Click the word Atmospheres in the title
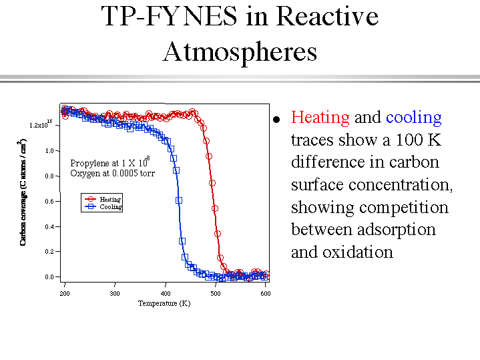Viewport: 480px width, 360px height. click(x=240, y=51)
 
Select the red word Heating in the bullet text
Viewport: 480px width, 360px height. click(x=320, y=118)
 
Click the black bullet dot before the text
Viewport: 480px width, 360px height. click(x=276, y=120)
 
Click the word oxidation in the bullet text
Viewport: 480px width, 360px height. click(x=360, y=252)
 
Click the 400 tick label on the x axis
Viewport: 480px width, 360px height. click(x=166, y=293)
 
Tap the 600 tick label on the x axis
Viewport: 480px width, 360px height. click(x=266, y=293)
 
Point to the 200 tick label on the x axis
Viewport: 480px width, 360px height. click(x=65, y=293)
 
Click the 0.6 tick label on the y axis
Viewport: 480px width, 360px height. click(x=49, y=201)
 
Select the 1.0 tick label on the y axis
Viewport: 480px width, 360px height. click(x=49, y=151)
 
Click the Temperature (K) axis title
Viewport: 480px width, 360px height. click(x=164, y=303)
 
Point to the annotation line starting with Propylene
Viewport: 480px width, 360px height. click(x=110, y=163)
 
